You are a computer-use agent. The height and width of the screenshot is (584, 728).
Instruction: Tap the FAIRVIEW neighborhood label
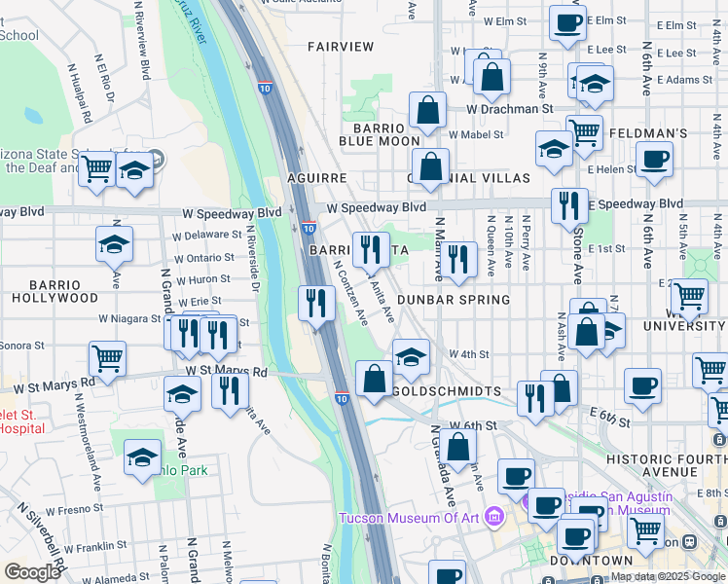click(x=341, y=46)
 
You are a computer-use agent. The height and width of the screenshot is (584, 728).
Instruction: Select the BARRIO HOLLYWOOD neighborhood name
click(x=55, y=290)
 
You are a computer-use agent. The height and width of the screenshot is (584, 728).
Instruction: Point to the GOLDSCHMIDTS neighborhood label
click(x=446, y=391)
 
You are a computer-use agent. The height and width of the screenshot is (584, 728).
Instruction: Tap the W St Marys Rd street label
click(x=226, y=371)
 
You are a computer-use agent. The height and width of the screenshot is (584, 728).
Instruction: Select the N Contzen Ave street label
click(x=350, y=290)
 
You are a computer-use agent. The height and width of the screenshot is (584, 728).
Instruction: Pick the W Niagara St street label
click(x=127, y=318)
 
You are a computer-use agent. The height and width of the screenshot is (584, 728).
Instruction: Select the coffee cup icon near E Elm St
click(x=567, y=21)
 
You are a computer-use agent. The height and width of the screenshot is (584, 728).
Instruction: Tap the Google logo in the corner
click(x=33, y=571)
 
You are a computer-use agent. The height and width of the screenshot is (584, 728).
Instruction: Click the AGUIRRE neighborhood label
click(x=317, y=179)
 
